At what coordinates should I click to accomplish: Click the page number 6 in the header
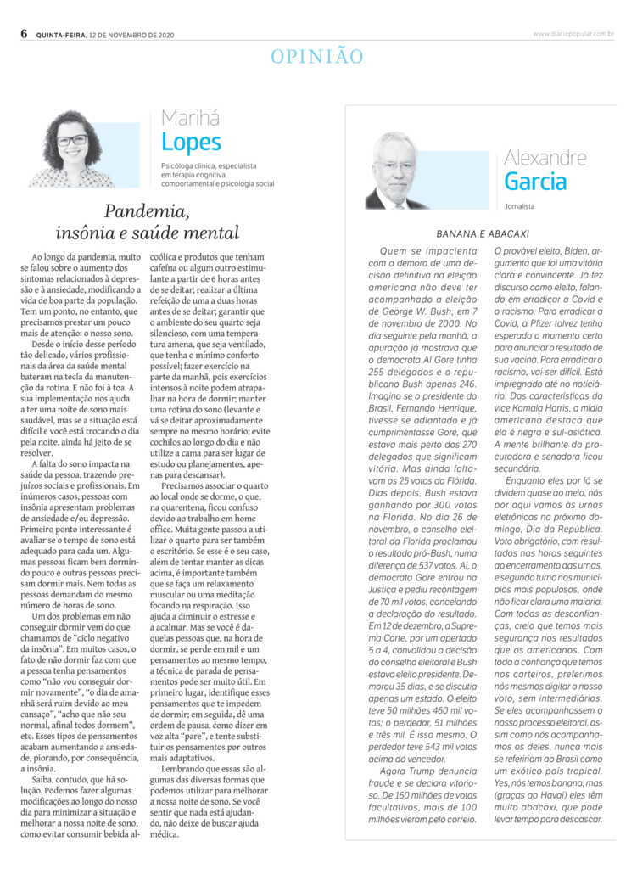click(x=24, y=34)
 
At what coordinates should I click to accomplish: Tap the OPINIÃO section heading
click(x=317, y=57)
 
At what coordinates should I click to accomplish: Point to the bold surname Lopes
click(x=191, y=142)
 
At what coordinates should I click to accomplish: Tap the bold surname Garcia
click(x=535, y=181)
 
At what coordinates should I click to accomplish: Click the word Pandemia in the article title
click(x=145, y=211)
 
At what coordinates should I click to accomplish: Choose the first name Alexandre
click(x=545, y=157)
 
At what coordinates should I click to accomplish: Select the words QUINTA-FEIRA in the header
click(x=60, y=35)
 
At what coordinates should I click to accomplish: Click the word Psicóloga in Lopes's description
click(x=181, y=165)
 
